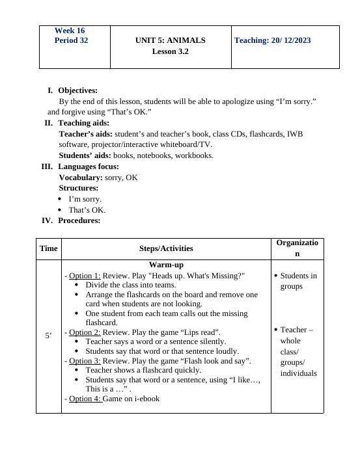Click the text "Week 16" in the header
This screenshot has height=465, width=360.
tap(70, 31)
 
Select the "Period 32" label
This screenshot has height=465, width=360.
tap(72, 40)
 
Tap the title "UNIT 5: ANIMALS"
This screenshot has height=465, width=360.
tap(170, 40)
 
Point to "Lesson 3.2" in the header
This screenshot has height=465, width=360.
tap(170, 51)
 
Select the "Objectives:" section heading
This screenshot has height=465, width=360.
tap(77, 90)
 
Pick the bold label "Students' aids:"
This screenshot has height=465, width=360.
tap(85, 155)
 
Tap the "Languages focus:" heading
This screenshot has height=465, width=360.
tap(88, 166)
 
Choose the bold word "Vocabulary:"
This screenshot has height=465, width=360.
tap(81, 178)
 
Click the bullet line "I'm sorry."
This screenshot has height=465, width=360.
tap(85, 199)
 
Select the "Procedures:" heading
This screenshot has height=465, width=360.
tap(79, 220)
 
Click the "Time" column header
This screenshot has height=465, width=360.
tap(48, 248)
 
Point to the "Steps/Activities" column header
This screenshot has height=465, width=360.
tap(166, 248)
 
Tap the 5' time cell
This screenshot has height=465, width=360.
tap(48, 336)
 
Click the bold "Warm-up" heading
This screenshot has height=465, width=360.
tap(166, 265)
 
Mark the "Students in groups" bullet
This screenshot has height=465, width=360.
tap(298, 281)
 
